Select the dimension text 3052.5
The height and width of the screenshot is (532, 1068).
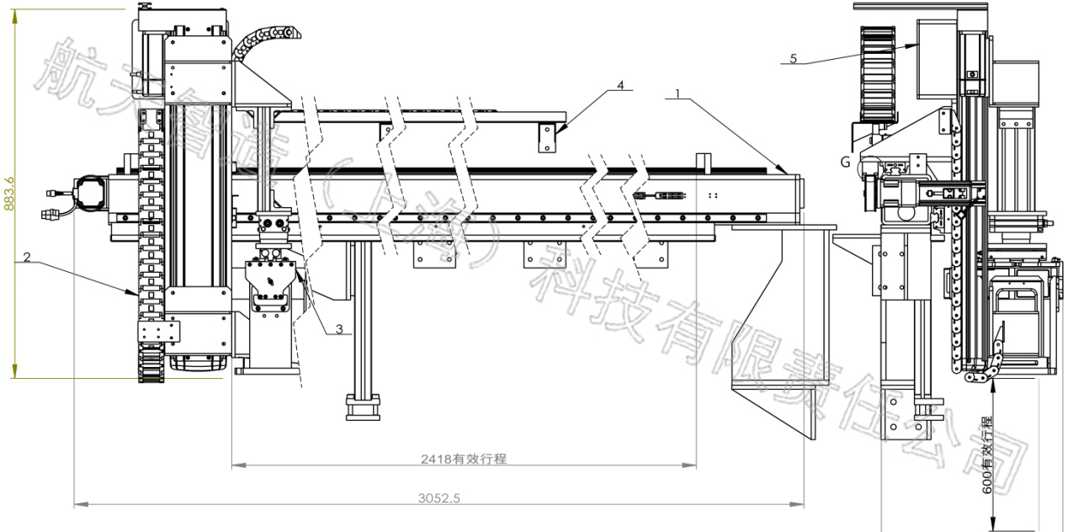point(438,497)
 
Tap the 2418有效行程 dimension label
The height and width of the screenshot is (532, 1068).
point(464,459)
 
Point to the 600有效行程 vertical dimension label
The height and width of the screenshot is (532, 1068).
point(987,455)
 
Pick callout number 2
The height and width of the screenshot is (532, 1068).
point(27,258)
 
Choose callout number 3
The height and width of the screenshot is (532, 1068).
point(339,330)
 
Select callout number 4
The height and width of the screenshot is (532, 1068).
point(620,85)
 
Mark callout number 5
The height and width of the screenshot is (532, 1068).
point(793,58)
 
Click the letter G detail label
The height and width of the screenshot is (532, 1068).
point(845,159)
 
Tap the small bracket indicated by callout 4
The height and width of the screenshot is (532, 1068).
point(548,137)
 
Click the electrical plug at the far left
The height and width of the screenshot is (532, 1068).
point(52,207)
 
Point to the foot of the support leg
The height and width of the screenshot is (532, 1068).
point(362,411)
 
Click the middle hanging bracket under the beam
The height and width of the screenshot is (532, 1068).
point(542,255)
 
